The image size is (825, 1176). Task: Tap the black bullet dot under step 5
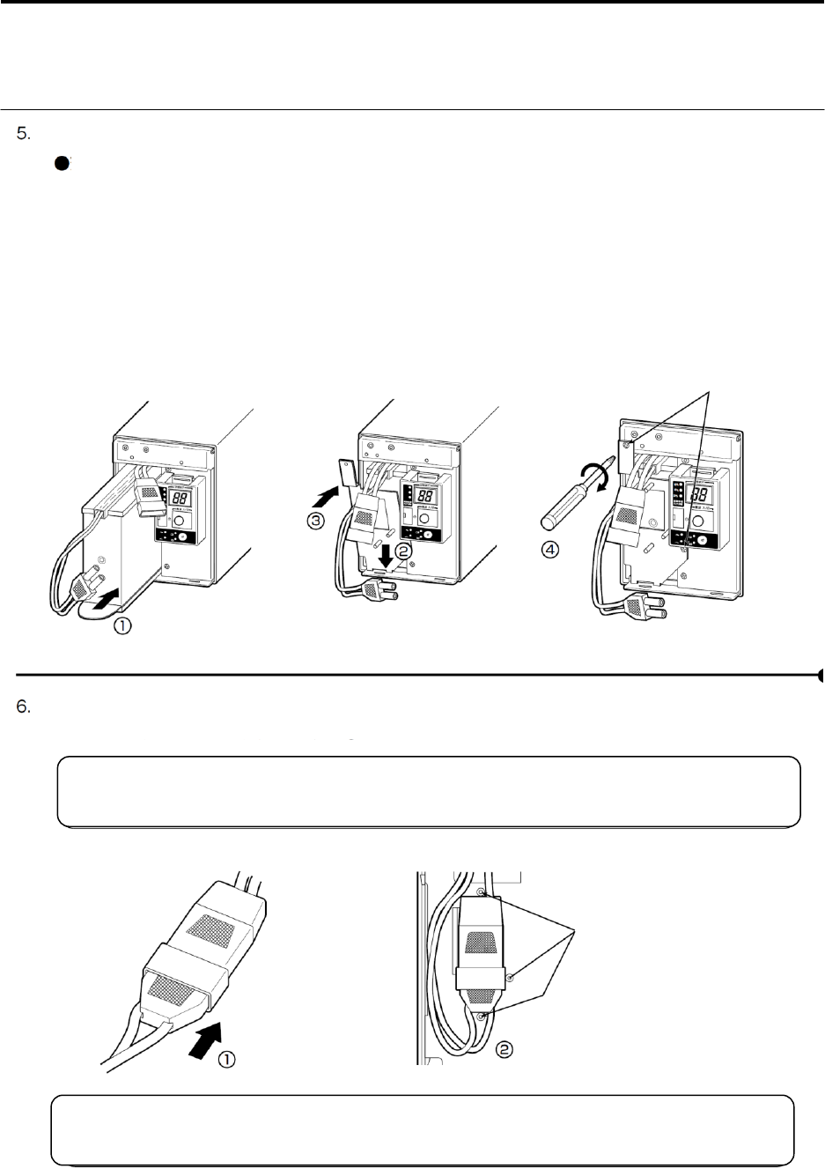62,164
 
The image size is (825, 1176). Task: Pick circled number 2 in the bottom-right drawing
504,1049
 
